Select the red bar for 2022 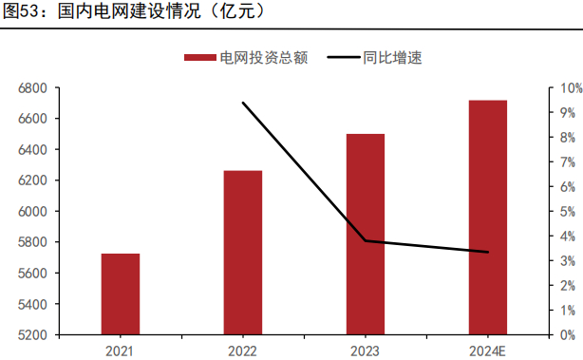point(243,253)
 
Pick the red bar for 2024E point(488,218)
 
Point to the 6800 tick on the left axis point(32,88)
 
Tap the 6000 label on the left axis point(32,212)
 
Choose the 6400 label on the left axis point(32,150)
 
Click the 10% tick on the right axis point(571,88)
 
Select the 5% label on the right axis point(568,212)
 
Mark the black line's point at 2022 point(243,103)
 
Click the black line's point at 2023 point(366,241)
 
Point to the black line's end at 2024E point(488,253)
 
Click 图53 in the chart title point(24,12)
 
